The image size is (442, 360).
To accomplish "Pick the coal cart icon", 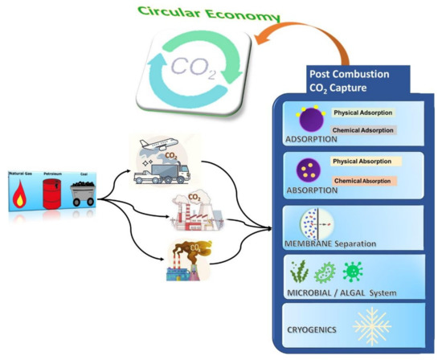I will click(x=84, y=194).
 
